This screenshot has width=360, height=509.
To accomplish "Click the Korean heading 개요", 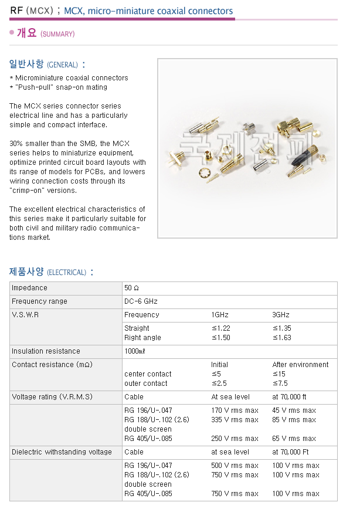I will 26,33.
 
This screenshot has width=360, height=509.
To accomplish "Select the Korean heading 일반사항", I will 26,64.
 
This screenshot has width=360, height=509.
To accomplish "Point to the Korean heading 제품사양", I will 26,272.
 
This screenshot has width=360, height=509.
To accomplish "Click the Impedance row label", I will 29,288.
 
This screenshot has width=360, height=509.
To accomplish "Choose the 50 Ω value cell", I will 131,288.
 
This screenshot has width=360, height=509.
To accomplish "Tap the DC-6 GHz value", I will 141,301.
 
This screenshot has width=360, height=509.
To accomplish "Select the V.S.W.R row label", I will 26,315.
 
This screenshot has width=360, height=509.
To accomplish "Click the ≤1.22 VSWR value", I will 220,328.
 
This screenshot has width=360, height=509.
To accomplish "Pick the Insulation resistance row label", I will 46,351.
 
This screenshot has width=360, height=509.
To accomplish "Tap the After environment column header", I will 300,365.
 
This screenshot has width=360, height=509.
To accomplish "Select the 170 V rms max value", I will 235,410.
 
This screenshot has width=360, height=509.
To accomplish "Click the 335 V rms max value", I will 235,420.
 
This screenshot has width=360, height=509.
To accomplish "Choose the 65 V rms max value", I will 294,439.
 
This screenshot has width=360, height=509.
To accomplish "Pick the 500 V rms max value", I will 235,466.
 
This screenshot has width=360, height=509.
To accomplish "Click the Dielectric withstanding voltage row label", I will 62,452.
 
